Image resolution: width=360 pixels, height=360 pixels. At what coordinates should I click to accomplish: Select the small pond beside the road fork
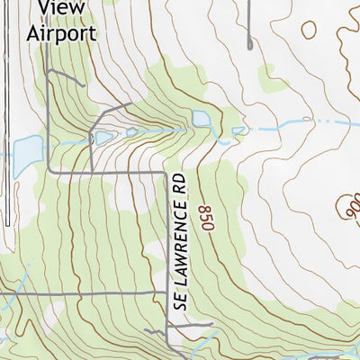tap(103, 137)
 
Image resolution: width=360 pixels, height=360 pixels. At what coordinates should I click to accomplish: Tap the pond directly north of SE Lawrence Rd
tap(200, 119)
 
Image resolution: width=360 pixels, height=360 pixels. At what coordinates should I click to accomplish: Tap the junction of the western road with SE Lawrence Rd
tap(166, 294)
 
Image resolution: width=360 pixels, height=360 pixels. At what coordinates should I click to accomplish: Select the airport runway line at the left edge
tap(4, 135)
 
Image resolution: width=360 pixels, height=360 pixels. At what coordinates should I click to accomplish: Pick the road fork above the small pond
tap(112, 113)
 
